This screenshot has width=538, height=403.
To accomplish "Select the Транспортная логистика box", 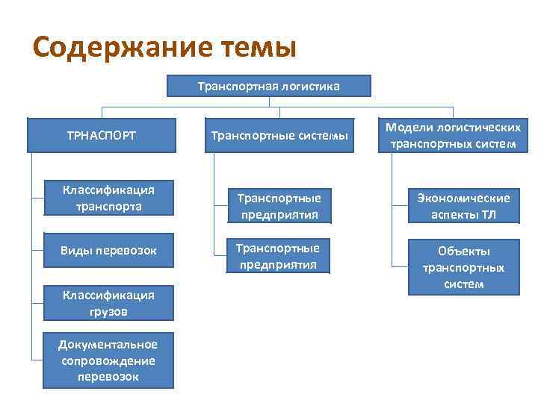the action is (268, 87).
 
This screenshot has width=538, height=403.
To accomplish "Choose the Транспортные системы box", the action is (279, 135).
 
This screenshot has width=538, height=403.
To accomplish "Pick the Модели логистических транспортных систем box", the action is (453, 135).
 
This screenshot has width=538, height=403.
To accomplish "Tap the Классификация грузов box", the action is (109, 302).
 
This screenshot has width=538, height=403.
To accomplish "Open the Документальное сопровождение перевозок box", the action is (109, 360).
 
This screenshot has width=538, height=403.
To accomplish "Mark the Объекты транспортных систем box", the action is (463, 268).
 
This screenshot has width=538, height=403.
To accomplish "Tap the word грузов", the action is (109, 310).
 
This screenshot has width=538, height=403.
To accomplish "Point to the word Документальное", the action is (109, 344).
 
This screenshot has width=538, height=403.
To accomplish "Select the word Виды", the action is (75, 250).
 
